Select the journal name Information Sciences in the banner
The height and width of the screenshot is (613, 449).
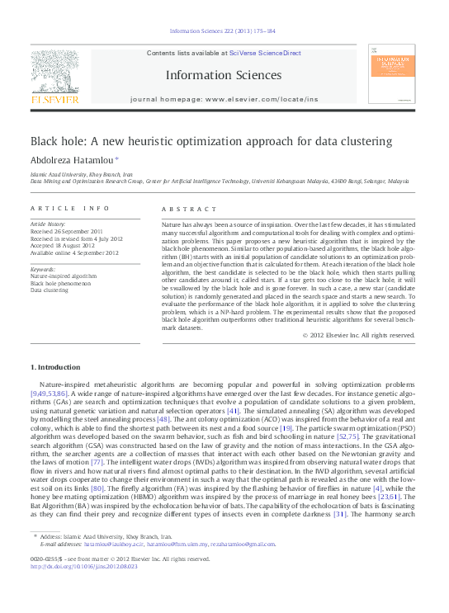224,75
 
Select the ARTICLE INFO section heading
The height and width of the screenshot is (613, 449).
69,210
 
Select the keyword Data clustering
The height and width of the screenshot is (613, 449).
50,290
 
